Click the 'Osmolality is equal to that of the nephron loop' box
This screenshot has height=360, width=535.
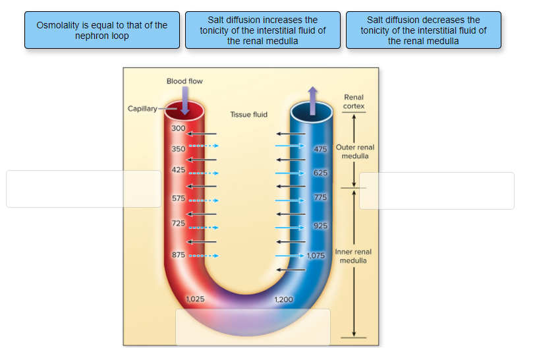[102, 30]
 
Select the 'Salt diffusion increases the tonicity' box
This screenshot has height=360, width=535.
[263, 30]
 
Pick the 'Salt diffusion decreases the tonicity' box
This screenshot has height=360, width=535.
[424, 30]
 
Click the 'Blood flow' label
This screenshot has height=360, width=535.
[184, 81]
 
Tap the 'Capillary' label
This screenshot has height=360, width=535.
[142, 109]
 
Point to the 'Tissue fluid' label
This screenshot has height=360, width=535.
[249, 115]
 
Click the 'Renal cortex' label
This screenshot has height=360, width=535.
[354, 102]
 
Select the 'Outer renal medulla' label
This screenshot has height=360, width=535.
[355, 152]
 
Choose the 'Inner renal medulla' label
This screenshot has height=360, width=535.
[354, 256]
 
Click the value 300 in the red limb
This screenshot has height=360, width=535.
[178, 128]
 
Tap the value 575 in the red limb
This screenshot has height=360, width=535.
[178, 198]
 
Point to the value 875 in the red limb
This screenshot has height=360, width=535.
[178, 255]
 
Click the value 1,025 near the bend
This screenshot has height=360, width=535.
[195, 299]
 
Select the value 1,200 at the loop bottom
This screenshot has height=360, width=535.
[283, 299]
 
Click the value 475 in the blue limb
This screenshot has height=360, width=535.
[320, 149]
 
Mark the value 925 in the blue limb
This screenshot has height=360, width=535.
[320, 226]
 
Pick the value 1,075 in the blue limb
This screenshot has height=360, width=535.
[316, 255]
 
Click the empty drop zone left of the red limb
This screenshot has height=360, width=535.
[84, 189]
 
